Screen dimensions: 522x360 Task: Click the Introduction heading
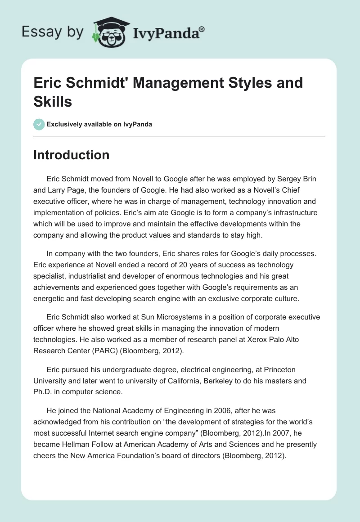coord(72,155)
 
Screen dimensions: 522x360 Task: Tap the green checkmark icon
coord(39,124)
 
